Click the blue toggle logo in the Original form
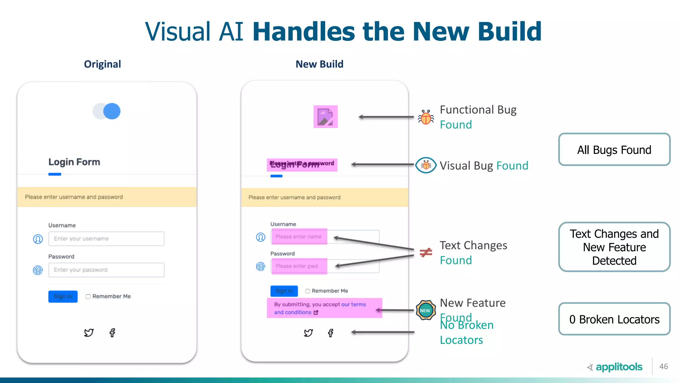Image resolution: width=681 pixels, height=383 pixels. [x=107, y=111]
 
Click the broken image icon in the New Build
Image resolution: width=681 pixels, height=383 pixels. [x=325, y=117]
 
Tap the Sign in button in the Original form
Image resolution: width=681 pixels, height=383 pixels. [x=63, y=296]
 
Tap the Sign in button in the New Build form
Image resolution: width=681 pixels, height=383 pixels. [x=284, y=291]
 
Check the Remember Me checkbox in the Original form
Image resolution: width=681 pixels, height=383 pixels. [x=88, y=297]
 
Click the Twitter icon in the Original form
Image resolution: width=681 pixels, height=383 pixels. [x=89, y=332]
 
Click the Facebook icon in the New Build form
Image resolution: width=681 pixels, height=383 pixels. [x=331, y=333]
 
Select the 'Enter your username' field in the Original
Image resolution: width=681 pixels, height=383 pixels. [x=106, y=239]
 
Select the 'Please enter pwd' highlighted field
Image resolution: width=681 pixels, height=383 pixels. [x=299, y=266]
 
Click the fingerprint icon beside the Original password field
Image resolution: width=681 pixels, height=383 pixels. [x=38, y=270]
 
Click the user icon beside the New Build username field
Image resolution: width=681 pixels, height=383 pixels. [x=260, y=237]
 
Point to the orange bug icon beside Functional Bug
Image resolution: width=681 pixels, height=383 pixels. [x=426, y=117]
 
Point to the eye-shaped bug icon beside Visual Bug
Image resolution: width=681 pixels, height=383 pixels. [x=426, y=165]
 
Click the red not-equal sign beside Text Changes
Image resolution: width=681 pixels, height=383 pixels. [x=426, y=253]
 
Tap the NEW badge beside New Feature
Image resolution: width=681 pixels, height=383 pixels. [x=425, y=310]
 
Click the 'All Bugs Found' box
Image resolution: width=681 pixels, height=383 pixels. [x=614, y=150]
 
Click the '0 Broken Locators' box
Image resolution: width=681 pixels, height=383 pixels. [x=614, y=319]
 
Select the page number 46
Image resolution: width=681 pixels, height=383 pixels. [x=664, y=366]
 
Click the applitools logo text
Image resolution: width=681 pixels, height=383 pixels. [x=619, y=367]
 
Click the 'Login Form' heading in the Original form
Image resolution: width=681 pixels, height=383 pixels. [x=74, y=162]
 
